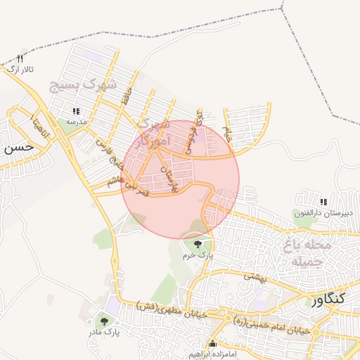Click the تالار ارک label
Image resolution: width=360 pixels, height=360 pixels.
(20, 69)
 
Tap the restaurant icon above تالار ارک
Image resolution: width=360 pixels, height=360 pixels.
(20, 58)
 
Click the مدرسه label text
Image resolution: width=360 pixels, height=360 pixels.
(76, 122)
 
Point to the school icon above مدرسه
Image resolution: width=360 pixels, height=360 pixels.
(76, 111)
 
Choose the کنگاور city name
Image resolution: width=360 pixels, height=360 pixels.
(328, 300)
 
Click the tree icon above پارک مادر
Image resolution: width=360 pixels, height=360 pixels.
(104, 321)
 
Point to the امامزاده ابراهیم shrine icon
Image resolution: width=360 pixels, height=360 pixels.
(212, 344)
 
